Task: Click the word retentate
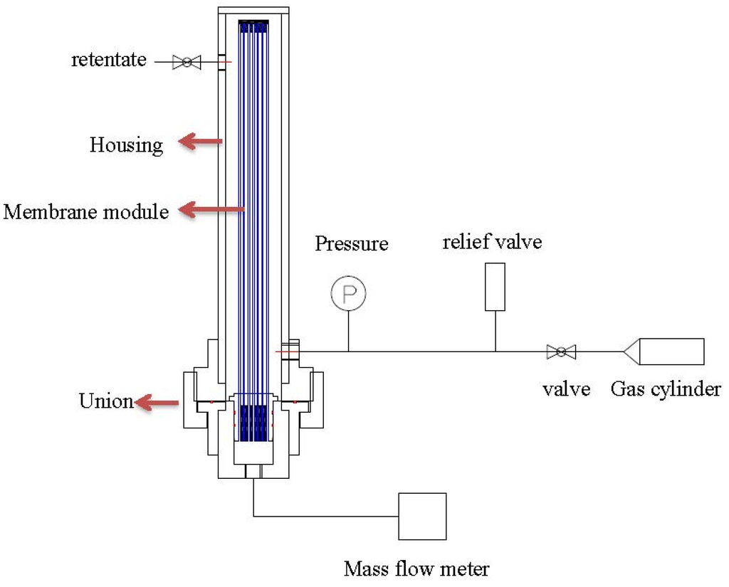tap(108, 60)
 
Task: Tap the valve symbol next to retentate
tap(187, 63)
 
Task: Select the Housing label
tap(126, 145)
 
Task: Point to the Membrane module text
tap(86, 211)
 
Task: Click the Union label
tap(106, 401)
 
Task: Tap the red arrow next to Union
tap(157, 403)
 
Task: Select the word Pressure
tap(352, 244)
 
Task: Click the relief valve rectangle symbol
tap(495, 287)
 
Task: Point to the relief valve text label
tap(492, 242)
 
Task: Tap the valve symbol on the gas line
tap(561, 351)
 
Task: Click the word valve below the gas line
tap(567, 389)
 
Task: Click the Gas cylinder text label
tap(666, 389)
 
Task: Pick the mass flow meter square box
tap(422, 516)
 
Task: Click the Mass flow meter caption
tap(416, 569)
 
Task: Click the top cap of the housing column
tap(253, 11)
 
